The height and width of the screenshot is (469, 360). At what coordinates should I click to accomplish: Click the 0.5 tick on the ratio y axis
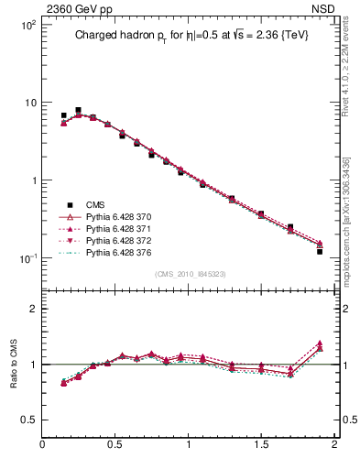point(28,420)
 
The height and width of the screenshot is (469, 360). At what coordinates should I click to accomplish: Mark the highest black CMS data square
point(78,110)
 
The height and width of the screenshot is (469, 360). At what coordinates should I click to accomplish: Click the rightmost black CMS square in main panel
point(320,250)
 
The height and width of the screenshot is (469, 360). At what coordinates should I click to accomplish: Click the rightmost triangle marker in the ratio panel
point(320,344)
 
